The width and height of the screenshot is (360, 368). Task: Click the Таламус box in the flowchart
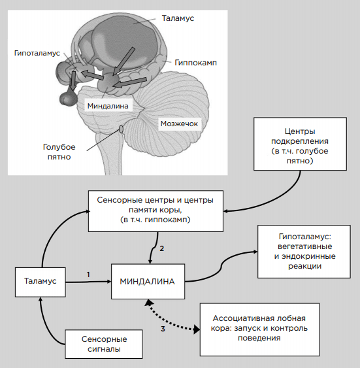point(41,282)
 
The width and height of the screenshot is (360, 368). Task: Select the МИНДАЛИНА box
point(148,282)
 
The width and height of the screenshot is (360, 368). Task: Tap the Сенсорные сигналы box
point(104,344)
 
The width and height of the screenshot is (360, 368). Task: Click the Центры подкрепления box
point(300,144)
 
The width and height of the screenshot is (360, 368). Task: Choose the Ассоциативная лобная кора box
point(259,329)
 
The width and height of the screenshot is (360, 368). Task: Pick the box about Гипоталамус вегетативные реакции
point(304,252)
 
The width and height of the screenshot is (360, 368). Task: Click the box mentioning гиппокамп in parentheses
point(155,211)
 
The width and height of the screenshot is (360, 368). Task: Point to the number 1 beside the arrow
point(88,275)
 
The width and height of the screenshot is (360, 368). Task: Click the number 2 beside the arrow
point(162,248)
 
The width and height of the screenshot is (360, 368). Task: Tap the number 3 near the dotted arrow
point(163,329)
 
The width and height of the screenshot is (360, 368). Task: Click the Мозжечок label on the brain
point(179,124)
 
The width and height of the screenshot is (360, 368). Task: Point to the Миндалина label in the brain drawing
point(108,106)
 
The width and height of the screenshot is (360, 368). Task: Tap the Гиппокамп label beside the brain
point(196,63)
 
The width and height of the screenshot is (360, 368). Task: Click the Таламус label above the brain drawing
point(178,18)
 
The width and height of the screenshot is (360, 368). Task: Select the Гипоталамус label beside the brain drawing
point(37,54)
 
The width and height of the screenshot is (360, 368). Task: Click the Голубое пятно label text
point(59,152)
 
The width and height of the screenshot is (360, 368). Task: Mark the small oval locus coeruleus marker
point(121,129)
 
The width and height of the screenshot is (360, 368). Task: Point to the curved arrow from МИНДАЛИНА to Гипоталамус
point(221,267)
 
